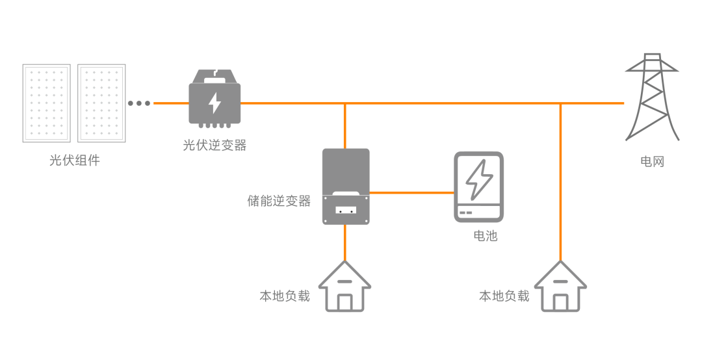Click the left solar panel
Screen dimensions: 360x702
click(x=46, y=103)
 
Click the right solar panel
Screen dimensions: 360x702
click(x=102, y=103)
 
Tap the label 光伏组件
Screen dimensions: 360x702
click(x=74, y=161)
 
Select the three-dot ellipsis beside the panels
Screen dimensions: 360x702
click(x=139, y=103)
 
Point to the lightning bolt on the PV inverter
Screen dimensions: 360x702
click(x=214, y=103)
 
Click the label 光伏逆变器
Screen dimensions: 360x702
click(x=214, y=146)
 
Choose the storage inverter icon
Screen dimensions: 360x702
click(x=346, y=186)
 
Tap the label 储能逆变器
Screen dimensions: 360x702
click(x=279, y=201)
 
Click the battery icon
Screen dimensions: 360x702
click(x=478, y=187)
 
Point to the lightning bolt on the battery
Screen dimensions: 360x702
click(x=479, y=179)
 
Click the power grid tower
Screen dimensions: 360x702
click(x=652, y=97)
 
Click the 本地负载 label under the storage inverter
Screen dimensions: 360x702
click(x=285, y=296)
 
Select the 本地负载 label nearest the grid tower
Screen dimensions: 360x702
click(x=504, y=296)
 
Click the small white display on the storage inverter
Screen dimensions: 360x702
click(x=346, y=211)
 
